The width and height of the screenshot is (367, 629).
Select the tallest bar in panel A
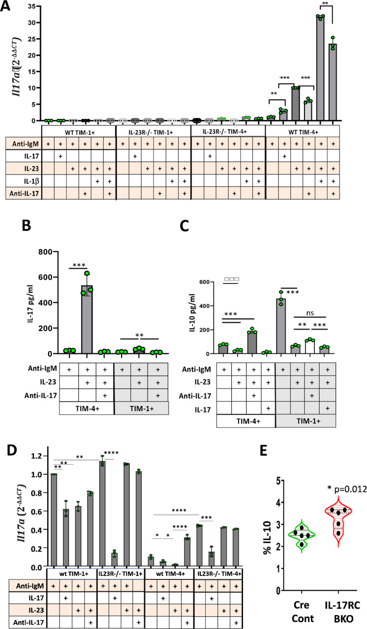click(320, 69)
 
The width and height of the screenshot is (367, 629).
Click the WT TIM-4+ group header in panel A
click(302, 132)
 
